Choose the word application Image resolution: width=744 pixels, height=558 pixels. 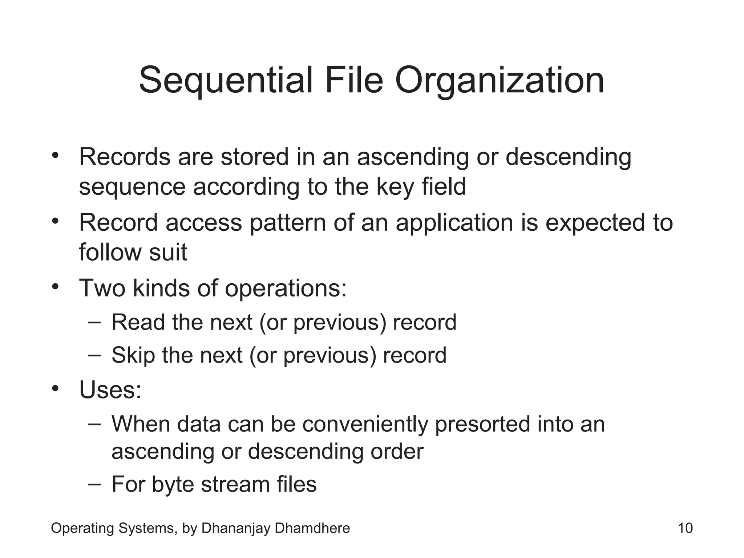pyautogui.click(x=454, y=223)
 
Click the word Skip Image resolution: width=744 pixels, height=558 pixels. pyautogui.click(x=133, y=355)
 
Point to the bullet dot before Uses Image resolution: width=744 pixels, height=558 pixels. pyautogui.click(x=55, y=389)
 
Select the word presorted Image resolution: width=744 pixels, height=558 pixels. pyautogui.click(x=482, y=424)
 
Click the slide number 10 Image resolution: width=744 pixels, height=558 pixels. pyautogui.click(x=685, y=528)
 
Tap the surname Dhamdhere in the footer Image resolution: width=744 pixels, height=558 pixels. pyautogui.click(x=312, y=528)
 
